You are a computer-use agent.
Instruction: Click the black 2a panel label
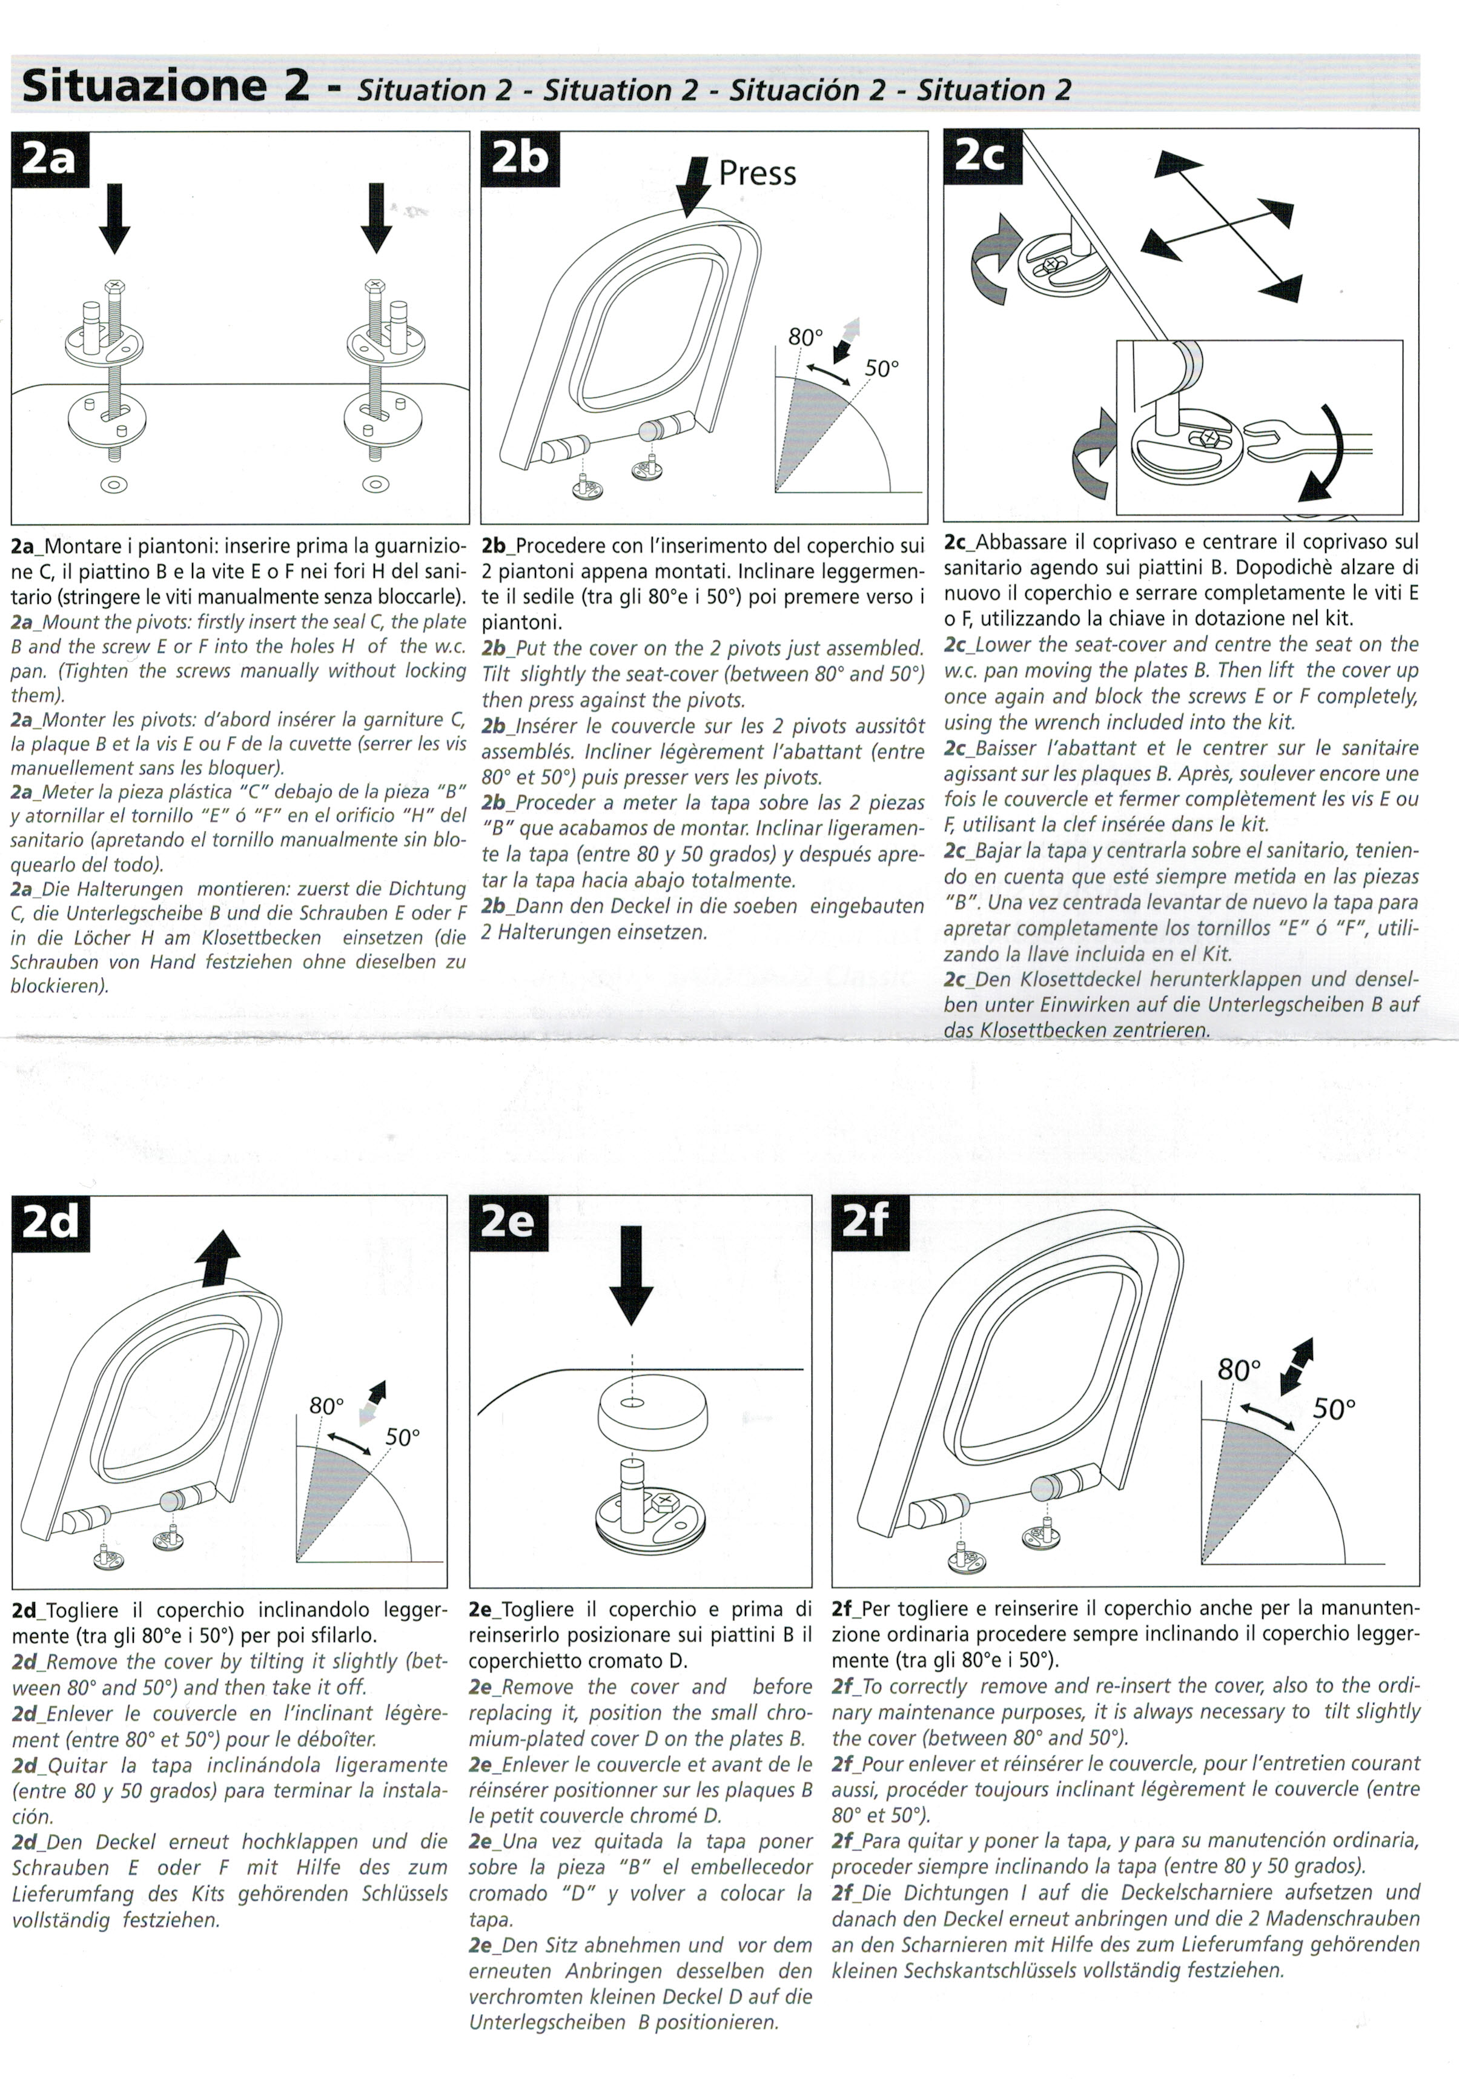50,159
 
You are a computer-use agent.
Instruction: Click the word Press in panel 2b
757,173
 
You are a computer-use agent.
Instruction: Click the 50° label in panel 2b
881,369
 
